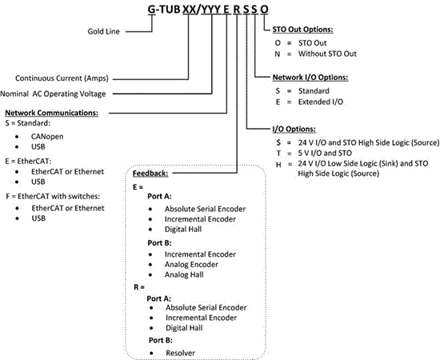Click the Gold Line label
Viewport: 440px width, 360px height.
pos(103,31)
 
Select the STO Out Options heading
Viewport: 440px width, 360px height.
pos(302,30)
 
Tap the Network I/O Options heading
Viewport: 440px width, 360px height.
pos(310,78)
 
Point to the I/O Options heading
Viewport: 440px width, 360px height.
pos(294,129)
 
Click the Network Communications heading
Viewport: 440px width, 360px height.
pos(52,113)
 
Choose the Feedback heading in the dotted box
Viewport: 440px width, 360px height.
pos(150,174)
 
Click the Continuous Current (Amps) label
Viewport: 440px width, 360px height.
pos(62,78)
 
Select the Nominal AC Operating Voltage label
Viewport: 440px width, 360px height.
pos(53,94)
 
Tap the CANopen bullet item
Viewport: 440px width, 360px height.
pos(47,137)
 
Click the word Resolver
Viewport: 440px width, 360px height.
pos(180,353)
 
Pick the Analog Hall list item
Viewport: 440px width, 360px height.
pos(184,274)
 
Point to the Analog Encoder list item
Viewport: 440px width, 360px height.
pos(191,264)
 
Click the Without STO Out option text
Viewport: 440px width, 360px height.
pos(327,54)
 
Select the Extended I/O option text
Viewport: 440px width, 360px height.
pos(321,102)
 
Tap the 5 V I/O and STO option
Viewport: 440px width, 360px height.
pos(325,154)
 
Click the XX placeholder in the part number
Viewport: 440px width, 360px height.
pos(190,10)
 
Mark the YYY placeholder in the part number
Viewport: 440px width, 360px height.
pos(211,10)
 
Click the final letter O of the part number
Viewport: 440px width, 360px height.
pos(264,10)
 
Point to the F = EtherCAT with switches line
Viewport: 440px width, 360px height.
pos(53,197)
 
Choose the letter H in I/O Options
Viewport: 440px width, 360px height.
pos(278,165)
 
